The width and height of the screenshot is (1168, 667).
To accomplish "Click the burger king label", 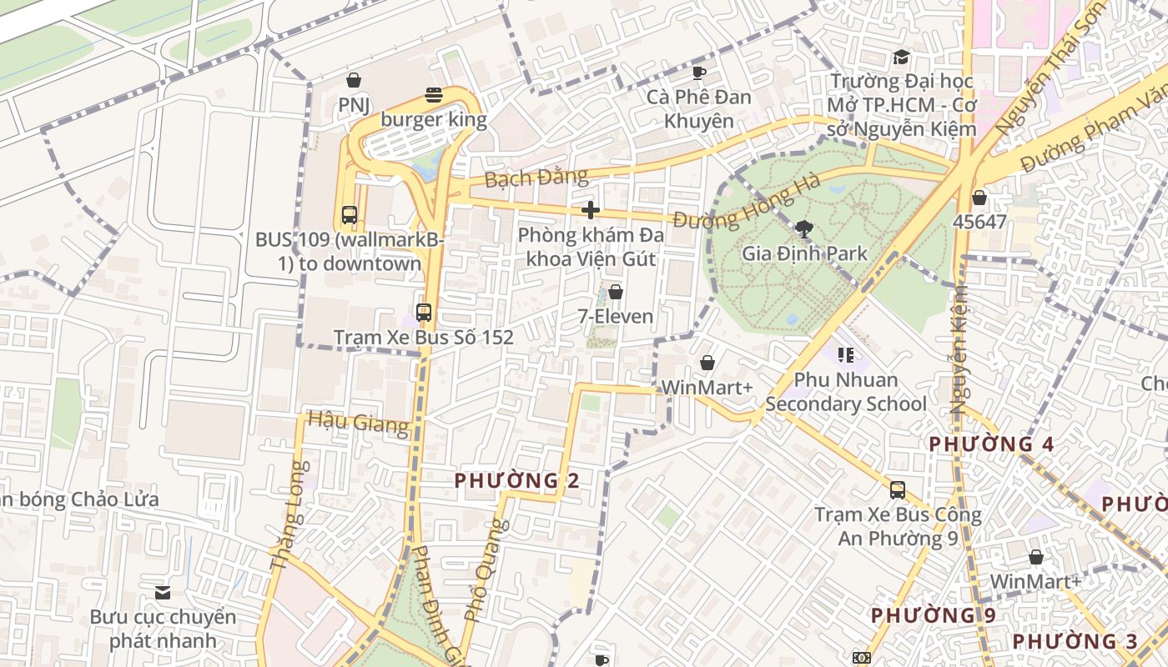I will point(434,119).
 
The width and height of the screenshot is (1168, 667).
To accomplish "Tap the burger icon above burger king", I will point(434,95).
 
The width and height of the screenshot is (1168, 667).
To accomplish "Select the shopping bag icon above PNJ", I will point(354,80).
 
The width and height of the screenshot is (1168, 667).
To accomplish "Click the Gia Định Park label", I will point(804,253).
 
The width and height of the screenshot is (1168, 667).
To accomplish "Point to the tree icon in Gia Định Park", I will point(804,228).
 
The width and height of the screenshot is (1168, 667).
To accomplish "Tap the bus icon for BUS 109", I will point(350,215).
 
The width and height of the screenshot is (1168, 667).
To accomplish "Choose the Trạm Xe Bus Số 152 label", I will point(424,338).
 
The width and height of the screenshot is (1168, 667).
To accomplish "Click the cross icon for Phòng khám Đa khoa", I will point(591,210).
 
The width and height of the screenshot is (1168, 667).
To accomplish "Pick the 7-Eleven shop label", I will point(616,317).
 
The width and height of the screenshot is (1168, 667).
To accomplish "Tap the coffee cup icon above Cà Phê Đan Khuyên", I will point(699,73).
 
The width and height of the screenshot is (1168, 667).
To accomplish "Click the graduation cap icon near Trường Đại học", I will point(901,58).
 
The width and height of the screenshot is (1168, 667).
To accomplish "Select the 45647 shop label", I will point(979,222).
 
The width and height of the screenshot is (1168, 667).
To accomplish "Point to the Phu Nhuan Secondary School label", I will point(846,392).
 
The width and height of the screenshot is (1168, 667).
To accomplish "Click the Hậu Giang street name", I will point(358,423).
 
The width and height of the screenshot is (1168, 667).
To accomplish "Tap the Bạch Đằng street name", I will point(536,178).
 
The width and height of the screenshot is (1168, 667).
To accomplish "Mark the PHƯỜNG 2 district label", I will point(516,481).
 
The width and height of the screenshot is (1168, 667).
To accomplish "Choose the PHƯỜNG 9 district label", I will point(933,616).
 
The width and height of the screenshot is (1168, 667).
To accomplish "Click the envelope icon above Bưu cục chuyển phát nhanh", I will point(163,593).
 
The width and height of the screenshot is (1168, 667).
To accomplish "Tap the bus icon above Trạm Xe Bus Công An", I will point(898,490).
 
